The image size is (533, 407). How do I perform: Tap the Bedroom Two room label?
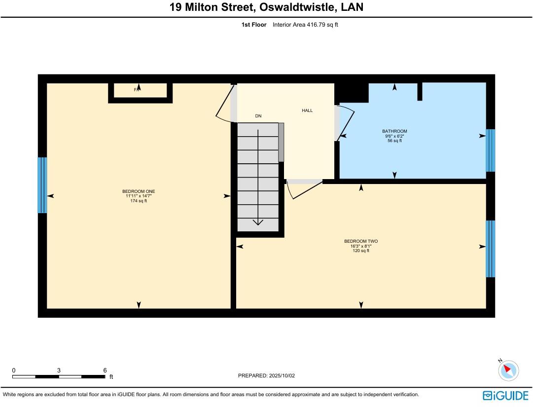361,241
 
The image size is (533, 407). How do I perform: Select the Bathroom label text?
394,131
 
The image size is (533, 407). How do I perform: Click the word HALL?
307,111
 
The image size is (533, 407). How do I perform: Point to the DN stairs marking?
258,116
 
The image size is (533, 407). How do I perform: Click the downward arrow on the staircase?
258,222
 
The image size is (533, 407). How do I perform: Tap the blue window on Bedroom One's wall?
42,185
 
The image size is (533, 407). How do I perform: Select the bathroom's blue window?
490,150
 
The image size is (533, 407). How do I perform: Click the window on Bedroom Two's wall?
490,249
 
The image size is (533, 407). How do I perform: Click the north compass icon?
508,370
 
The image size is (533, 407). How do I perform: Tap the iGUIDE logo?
505,396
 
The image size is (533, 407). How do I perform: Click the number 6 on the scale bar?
105,370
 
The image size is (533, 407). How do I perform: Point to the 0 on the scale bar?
14,370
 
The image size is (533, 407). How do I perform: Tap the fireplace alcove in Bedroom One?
141,90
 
